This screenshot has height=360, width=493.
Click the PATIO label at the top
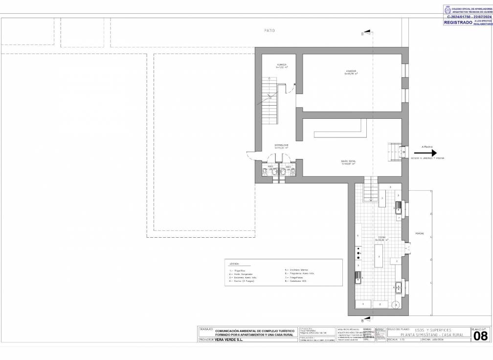[x=269, y=30]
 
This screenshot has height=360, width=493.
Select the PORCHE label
[x=420, y=233]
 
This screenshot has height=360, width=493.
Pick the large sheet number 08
[x=480, y=336]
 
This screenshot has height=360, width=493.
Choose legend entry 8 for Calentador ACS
[x=296, y=281]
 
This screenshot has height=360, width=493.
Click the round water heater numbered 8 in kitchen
[x=397, y=304]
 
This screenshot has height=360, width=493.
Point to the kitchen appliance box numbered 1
[x=363, y=304]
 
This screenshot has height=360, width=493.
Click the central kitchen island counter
[x=378, y=256]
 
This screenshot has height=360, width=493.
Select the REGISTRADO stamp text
[x=458, y=22]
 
